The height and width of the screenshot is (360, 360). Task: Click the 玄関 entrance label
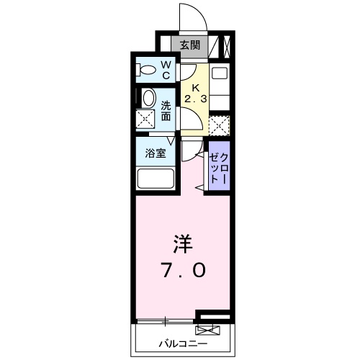pos(189,45)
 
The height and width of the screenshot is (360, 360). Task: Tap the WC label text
pos(165,70)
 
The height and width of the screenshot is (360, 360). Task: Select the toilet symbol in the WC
pos(147,71)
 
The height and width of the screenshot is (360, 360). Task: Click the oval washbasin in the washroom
pos(148,99)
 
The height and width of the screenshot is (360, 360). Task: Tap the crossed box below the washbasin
pos(147,120)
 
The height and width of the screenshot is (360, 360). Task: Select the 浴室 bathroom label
pos(156,153)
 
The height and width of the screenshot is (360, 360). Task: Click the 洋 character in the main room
pos(181,242)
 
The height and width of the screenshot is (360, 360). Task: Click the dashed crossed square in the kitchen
pos(220,124)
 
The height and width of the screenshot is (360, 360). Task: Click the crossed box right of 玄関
pos(226,46)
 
